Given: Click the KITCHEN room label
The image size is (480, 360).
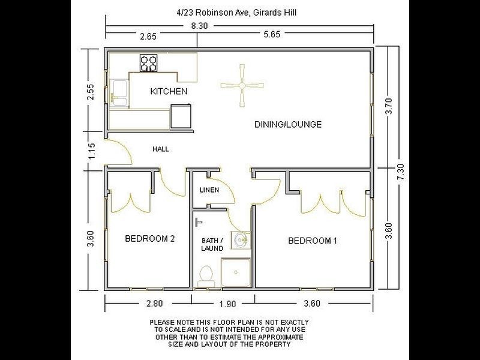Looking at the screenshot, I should click(x=169, y=92).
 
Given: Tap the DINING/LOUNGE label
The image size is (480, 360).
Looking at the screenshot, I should click(x=288, y=125).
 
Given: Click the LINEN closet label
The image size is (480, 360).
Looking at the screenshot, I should click(x=209, y=191).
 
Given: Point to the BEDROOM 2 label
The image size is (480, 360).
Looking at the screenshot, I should click(x=149, y=239).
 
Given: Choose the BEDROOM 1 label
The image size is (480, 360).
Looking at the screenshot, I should click(x=313, y=241).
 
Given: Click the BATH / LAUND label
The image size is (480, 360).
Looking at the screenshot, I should click(x=212, y=244).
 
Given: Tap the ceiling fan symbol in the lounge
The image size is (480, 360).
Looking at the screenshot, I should click(x=242, y=86).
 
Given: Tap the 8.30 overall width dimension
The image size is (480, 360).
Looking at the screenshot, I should click(x=200, y=26).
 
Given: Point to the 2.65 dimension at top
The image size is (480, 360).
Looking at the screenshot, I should click(x=148, y=37).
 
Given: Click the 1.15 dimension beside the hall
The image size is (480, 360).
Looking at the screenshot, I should click(x=91, y=149).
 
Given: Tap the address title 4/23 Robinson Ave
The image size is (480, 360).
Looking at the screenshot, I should click(x=241, y=11).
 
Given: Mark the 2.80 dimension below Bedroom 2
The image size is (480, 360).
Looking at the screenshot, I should click(x=149, y=304).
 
